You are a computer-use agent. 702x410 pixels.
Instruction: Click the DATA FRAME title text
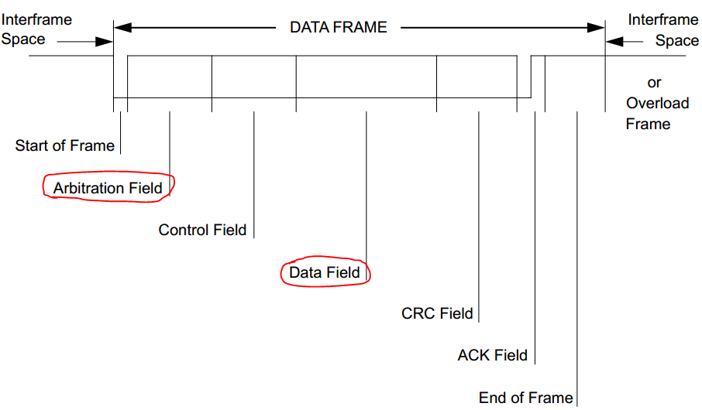click(x=338, y=27)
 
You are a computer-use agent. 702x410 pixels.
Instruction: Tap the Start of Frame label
click(x=64, y=145)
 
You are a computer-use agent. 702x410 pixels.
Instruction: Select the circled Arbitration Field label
click(x=108, y=188)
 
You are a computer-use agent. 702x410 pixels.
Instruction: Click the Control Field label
click(x=202, y=230)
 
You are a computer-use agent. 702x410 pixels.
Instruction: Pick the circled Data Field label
click(x=325, y=272)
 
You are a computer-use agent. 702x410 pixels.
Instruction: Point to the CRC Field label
click(x=437, y=313)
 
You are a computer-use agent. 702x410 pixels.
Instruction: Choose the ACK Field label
click(x=492, y=355)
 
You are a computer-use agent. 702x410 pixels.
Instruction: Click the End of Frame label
click(x=525, y=398)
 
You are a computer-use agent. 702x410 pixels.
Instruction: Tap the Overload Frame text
click(x=648, y=114)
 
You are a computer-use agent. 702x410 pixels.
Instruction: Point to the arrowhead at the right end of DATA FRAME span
click(x=597, y=28)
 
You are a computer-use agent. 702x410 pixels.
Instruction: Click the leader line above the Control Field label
click(x=254, y=174)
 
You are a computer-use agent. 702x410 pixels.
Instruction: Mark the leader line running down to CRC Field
click(x=480, y=217)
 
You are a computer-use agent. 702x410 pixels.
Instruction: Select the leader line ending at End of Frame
click(x=577, y=255)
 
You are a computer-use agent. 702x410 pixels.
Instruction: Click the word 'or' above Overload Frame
click(x=654, y=83)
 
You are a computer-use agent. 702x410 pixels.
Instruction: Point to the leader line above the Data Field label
click(x=366, y=186)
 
